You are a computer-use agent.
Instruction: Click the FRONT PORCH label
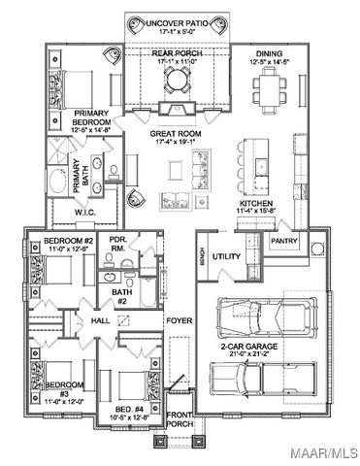179,418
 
